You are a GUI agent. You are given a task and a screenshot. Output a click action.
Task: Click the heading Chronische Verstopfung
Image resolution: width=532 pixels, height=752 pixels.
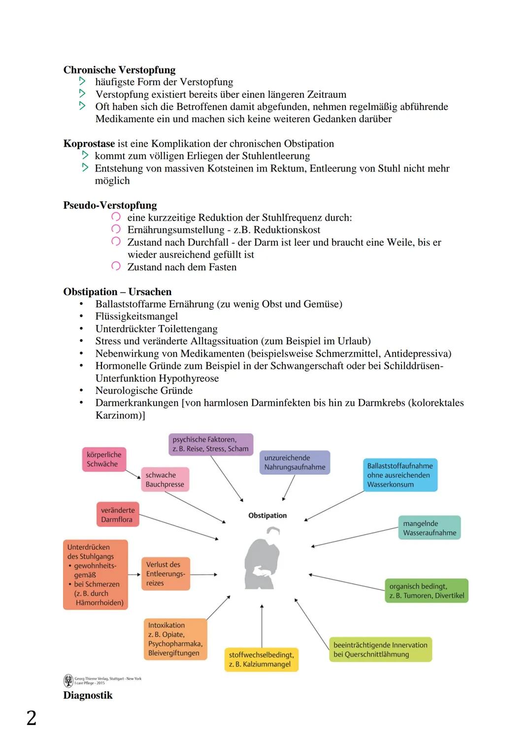point(119,70)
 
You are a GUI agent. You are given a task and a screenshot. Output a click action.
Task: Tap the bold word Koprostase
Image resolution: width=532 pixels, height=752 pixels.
point(89,144)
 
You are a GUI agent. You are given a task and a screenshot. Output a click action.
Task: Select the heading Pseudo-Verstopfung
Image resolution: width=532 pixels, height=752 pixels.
point(110,205)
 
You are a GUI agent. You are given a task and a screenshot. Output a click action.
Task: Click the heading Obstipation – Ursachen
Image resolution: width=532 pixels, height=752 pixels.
point(117,292)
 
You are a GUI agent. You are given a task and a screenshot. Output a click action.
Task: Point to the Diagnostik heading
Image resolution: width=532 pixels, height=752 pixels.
point(88,695)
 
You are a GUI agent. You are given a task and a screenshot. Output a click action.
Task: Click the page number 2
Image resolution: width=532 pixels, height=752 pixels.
point(31,718)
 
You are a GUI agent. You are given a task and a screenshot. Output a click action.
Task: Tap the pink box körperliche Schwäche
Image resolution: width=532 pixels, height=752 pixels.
point(103,459)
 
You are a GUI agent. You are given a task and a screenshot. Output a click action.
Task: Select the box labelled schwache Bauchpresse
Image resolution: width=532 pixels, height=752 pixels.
point(165,480)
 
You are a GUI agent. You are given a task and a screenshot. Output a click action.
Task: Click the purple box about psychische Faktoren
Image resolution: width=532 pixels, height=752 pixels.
point(210,444)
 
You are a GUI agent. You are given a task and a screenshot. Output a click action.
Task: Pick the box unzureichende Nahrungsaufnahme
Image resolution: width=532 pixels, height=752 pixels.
point(294,462)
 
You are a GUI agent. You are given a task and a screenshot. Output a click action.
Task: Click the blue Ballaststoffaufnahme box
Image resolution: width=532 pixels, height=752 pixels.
point(399,475)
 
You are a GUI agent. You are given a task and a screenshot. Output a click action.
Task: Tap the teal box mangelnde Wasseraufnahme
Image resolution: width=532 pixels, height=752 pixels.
point(429,528)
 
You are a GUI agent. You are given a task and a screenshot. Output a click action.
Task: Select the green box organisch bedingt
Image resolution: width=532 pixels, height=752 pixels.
point(426,591)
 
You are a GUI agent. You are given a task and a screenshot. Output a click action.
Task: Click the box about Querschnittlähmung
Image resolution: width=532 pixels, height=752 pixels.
point(380,650)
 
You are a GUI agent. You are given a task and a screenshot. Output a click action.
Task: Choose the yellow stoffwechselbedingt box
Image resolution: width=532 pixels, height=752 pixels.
point(261,659)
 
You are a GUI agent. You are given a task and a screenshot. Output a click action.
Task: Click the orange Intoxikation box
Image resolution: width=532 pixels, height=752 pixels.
point(175,639)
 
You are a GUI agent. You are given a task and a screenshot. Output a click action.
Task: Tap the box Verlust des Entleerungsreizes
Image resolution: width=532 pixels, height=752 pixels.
point(165,574)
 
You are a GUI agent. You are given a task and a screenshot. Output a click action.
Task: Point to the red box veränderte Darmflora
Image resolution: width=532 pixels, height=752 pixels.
point(117,515)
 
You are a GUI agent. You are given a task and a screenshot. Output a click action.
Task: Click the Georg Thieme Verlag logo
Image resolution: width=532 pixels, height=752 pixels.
point(68,681)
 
